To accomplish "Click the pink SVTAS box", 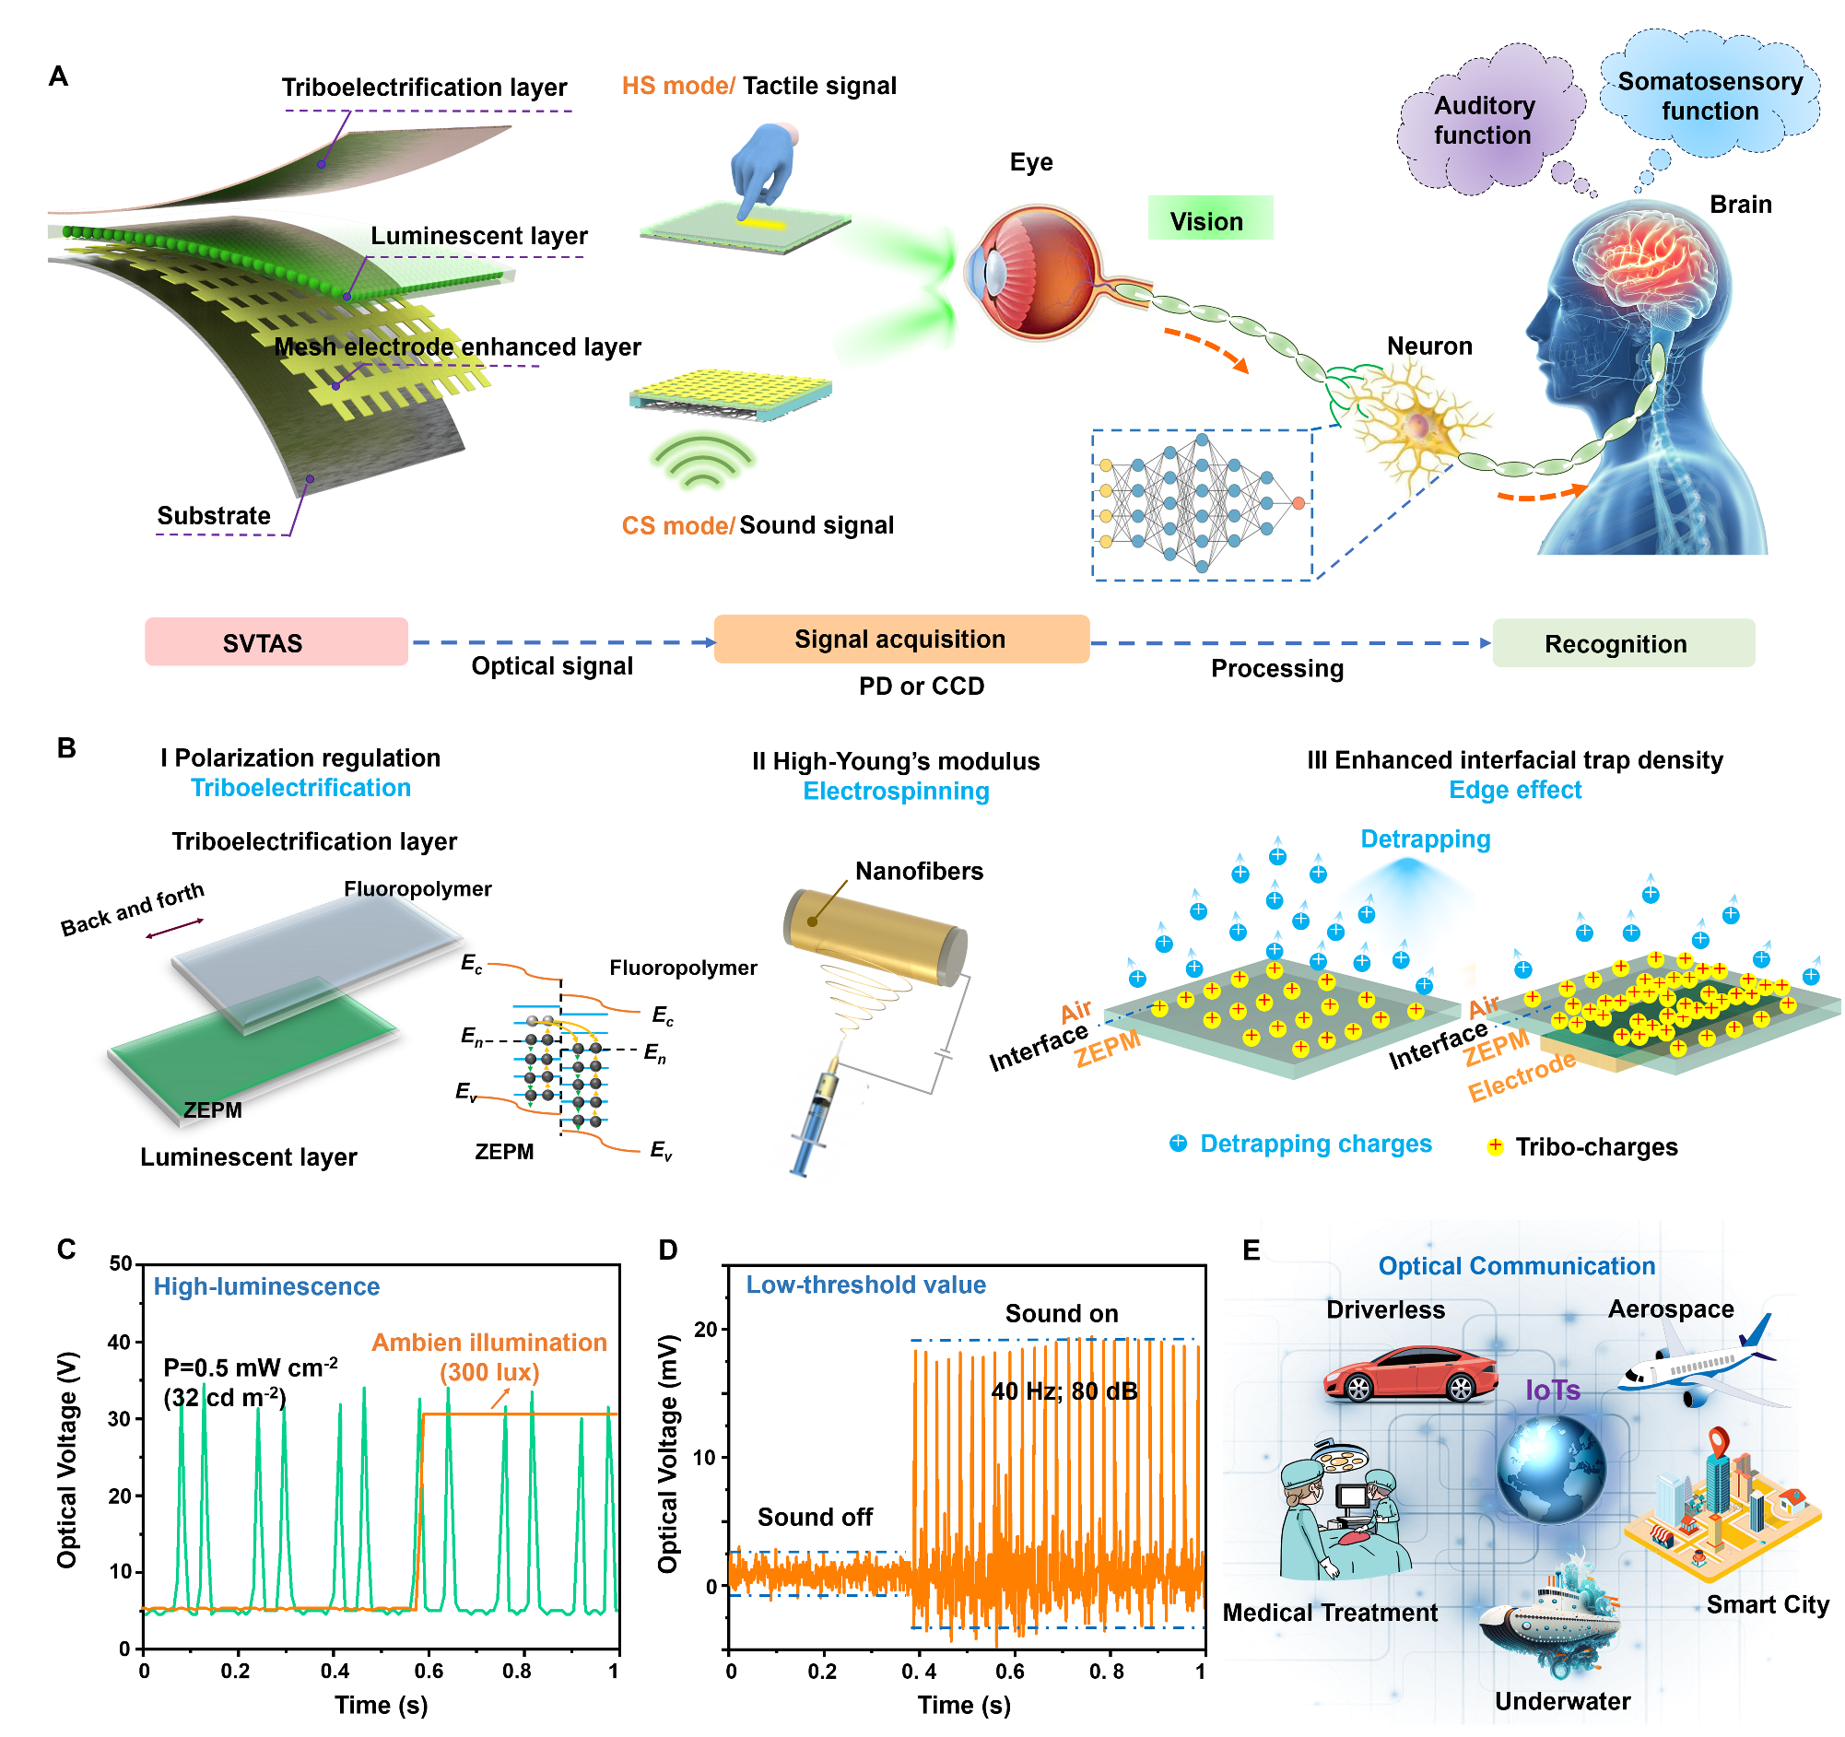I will (x=276, y=642).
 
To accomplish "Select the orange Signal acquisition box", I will (x=900, y=640).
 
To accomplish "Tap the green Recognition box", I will (x=1623, y=644).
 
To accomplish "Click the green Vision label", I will (x=1209, y=221).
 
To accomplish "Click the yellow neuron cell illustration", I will (x=1416, y=427).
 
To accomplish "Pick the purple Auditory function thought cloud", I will (x=1484, y=122).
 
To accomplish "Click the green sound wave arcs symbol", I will (x=702, y=461).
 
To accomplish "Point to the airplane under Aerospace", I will (x=1698, y=1358).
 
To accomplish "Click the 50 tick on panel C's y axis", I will (x=121, y=1263).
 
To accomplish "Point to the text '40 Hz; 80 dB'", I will (x=1064, y=1391).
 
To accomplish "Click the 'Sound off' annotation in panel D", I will (x=814, y=1517).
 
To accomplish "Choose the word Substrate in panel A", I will (x=214, y=516).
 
